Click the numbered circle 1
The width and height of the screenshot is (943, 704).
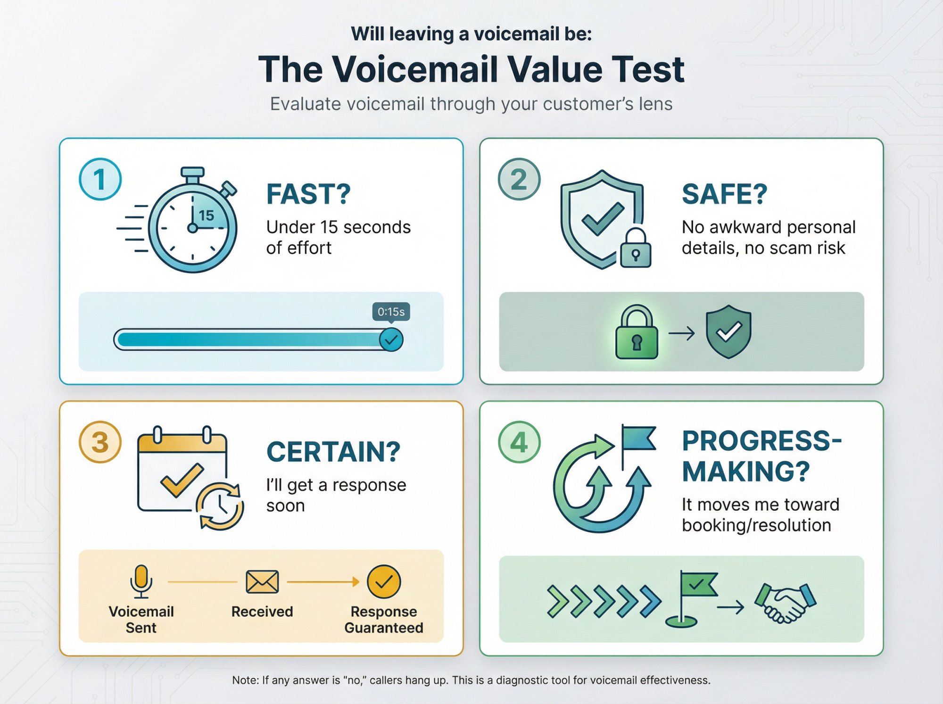pos(100,180)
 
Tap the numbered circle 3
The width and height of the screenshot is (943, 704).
pos(100,442)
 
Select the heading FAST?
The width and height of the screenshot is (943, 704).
pos(308,194)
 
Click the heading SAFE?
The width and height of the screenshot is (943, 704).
pos(724,194)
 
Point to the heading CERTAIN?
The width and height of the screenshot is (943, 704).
pos(333,452)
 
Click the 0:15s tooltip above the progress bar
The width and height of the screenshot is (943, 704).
pos(391,312)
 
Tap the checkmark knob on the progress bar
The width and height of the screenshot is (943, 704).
pos(391,340)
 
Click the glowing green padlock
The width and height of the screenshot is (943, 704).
pos(637,333)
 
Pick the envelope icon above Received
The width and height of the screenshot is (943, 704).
pos(262,582)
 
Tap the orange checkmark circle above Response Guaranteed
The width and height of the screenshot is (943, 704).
pos(384,581)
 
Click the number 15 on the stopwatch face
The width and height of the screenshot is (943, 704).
pos(207,215)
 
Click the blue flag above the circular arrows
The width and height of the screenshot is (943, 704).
pos(637,439)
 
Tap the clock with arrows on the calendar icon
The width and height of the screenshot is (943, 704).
pos(220,506)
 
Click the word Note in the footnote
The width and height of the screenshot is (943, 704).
pos(245,680)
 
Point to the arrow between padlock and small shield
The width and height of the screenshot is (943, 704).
pos(682,333)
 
